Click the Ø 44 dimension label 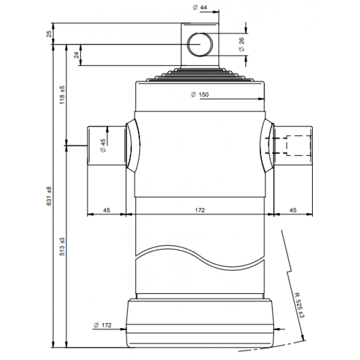[x=200, y=8]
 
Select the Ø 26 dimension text [x=242, y=44]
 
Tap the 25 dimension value [x=49, y=34]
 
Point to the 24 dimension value [x=76, y=55]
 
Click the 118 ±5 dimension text [x=62, y=95]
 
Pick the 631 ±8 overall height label [x=49, y=196]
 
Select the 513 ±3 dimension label [x=62, y=246]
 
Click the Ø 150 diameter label [x=200, y=94]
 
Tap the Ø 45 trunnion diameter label [x=103, y=145]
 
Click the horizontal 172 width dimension [x=200, y=210]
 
